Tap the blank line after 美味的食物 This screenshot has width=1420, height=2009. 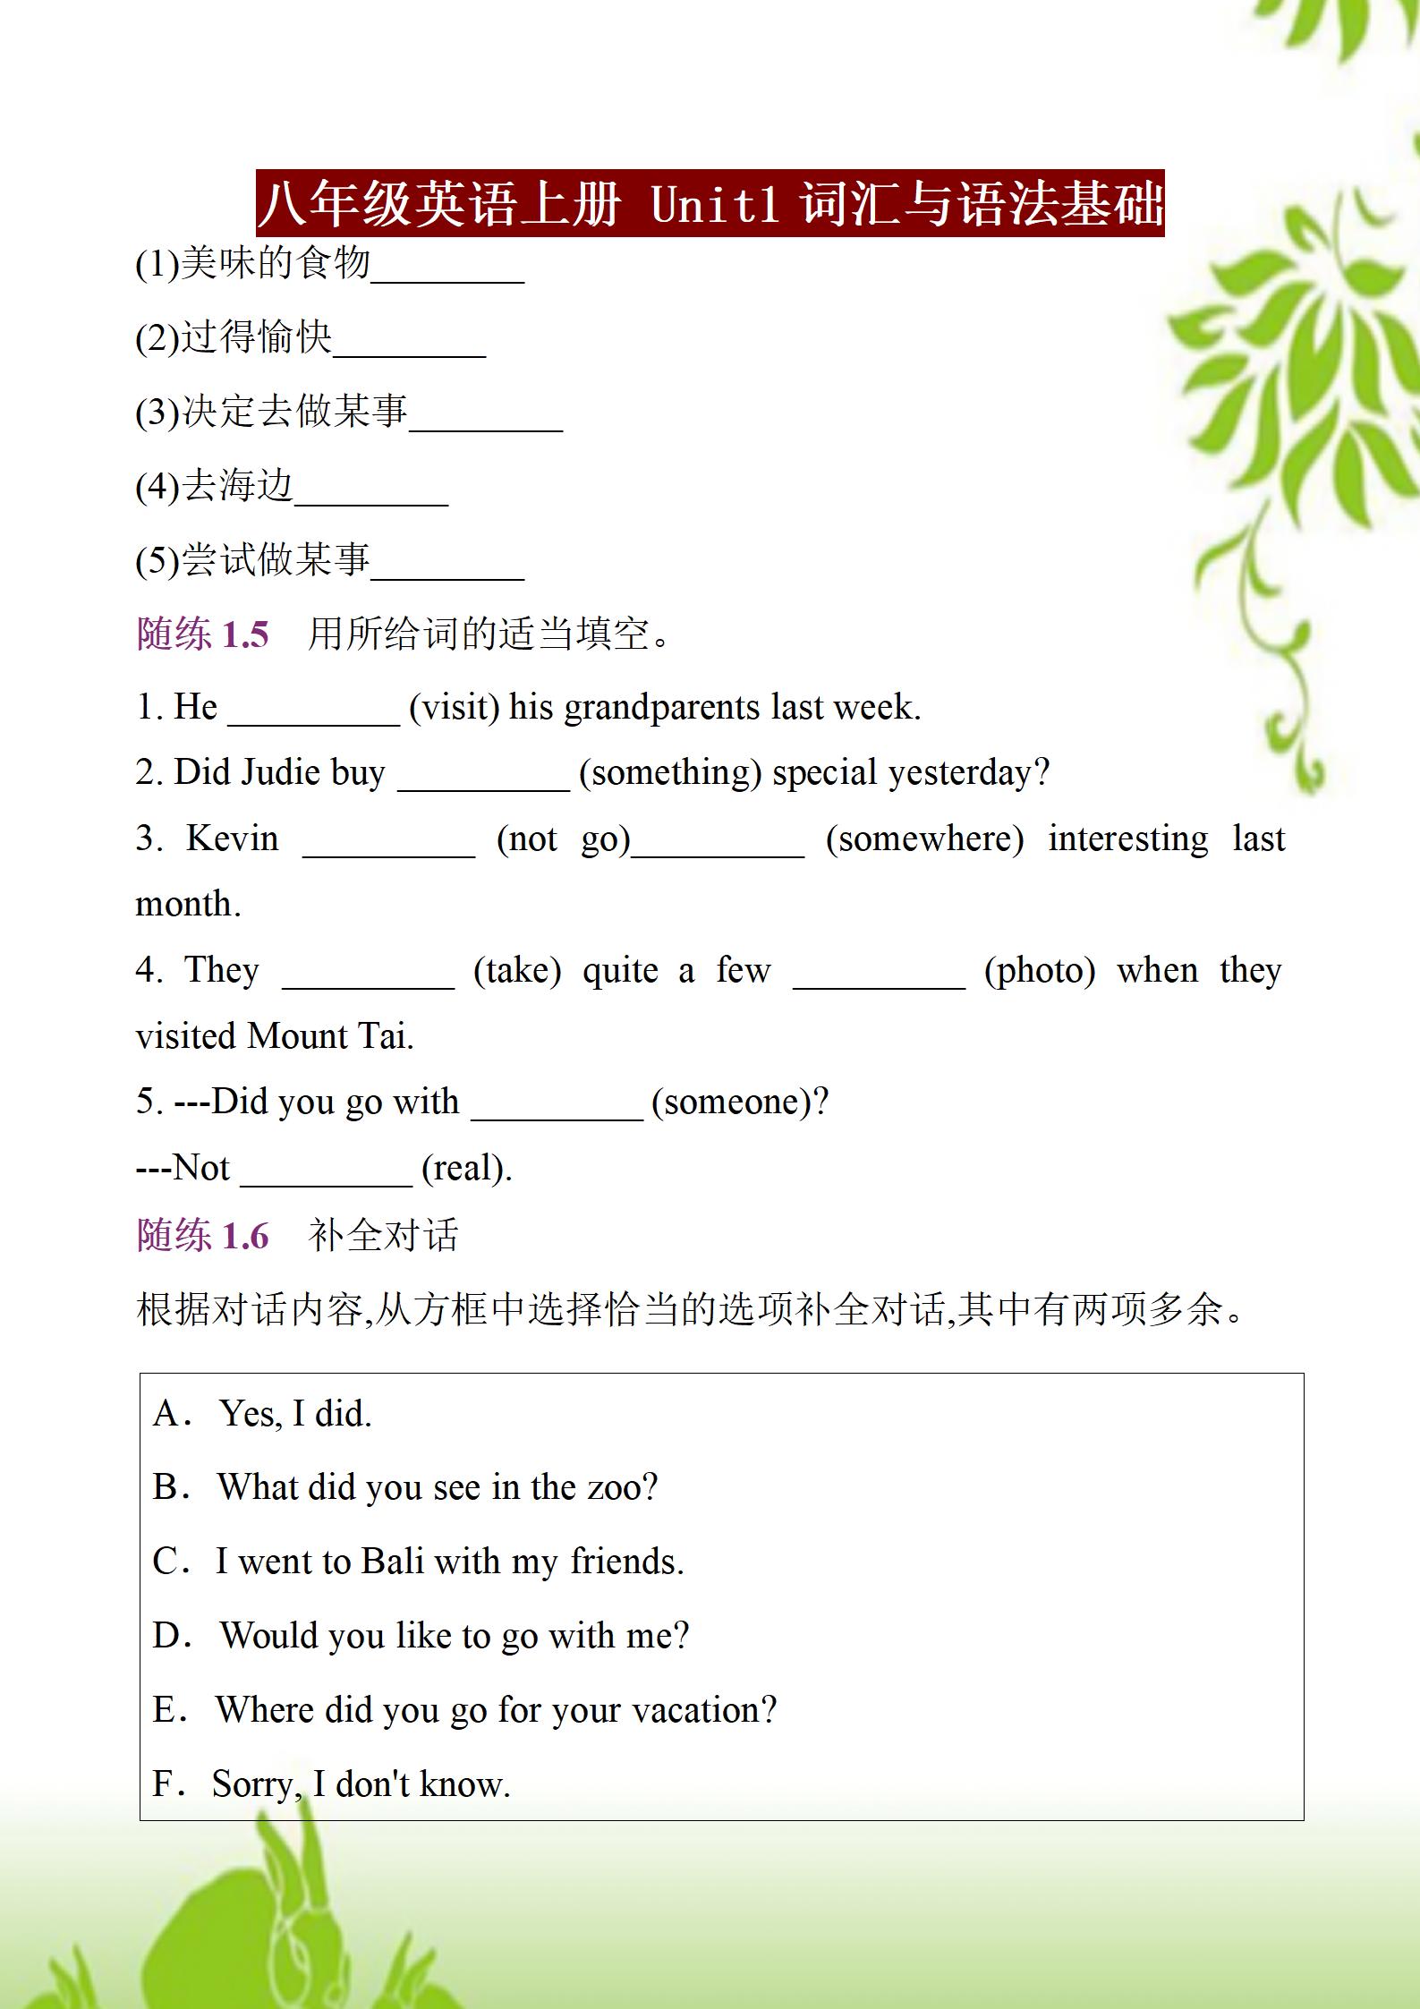[446, 273]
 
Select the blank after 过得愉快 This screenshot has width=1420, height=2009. [409, 347]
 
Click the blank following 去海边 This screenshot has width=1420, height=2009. [370, 496]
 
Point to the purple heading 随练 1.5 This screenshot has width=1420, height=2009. [203, 634]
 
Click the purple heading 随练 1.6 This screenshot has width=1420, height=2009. [203, 1236]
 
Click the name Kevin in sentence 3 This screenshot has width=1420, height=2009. [232, 839]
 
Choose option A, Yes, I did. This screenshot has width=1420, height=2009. [294, 1414]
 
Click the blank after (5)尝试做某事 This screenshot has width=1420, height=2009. [446, 570]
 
